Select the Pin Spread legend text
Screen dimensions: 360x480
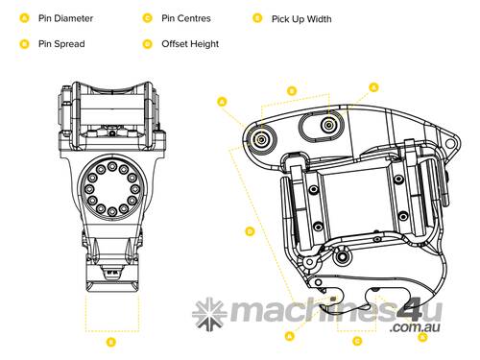tap(60, 43)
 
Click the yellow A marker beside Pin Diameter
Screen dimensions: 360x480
tap(23, 17)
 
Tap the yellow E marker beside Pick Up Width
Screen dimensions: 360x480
tap(256, 17)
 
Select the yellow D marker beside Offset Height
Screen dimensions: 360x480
tap(146, 43)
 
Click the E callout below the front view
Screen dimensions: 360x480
tap(110, 341)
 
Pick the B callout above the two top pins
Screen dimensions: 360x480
tap(293, 90)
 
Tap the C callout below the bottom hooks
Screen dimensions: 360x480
tap(358, 340)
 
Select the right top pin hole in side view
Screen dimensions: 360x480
tap(329, 123)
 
